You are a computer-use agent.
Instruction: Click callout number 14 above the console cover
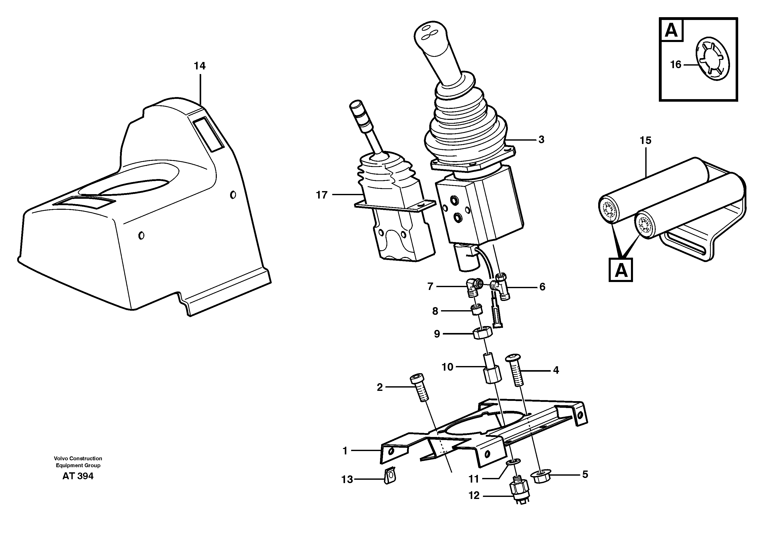pos(200,66)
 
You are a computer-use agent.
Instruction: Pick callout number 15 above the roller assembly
pos(645,141)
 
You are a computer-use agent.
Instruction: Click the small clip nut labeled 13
pos(390,476)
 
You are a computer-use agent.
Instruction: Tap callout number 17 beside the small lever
pos(321,195)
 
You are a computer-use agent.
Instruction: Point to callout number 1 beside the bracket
pos(345,451)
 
